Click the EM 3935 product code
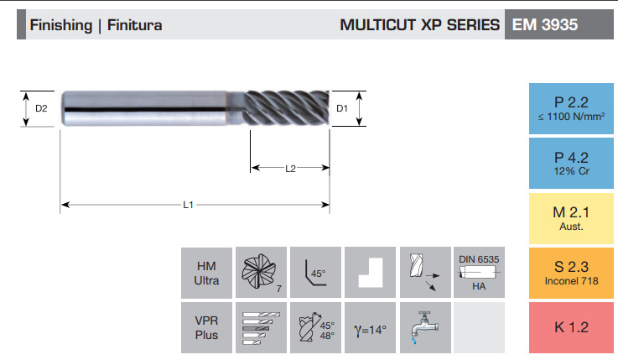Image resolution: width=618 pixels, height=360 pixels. pos(545,25)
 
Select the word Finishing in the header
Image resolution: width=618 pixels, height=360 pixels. pos(60,26)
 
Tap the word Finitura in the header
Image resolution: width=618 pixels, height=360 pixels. pos(134,25)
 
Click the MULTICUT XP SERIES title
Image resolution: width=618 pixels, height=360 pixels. pos(419,25)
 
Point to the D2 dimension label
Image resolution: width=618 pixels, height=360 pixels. pos(41,108)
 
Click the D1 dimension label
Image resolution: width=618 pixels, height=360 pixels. pos(342,108)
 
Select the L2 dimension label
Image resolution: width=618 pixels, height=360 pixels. pos(290,169)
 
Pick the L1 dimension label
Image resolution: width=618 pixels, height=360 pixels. pos(188,205)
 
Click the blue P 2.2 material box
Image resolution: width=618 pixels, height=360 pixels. pos(571,108)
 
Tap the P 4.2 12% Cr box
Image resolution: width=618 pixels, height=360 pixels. pos(571,164)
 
